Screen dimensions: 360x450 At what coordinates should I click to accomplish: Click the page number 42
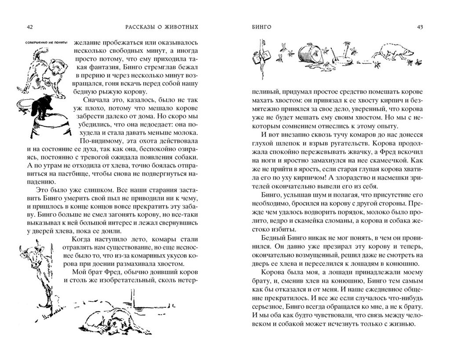coord(29,27)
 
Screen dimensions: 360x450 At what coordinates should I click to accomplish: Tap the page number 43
coord(420,27)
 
